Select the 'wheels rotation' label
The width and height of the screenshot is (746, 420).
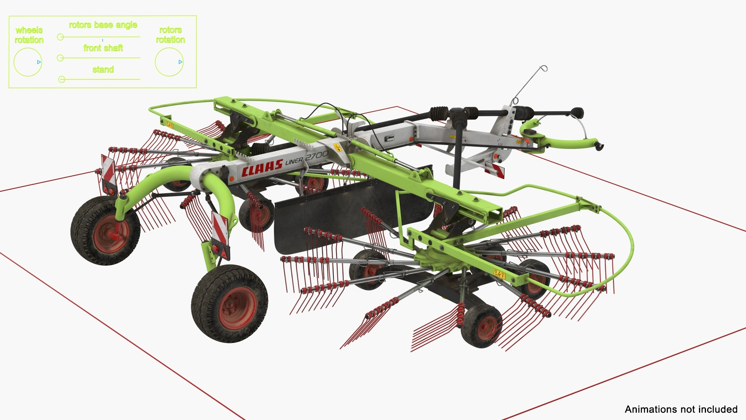point(29,35)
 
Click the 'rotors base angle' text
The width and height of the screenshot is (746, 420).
point(103,25)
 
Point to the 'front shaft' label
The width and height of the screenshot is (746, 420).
point(103,48)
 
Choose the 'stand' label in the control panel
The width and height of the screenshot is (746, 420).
point(103,70)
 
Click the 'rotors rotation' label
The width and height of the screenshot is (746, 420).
point(170,35)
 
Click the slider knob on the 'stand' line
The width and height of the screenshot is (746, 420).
point(61,79)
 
